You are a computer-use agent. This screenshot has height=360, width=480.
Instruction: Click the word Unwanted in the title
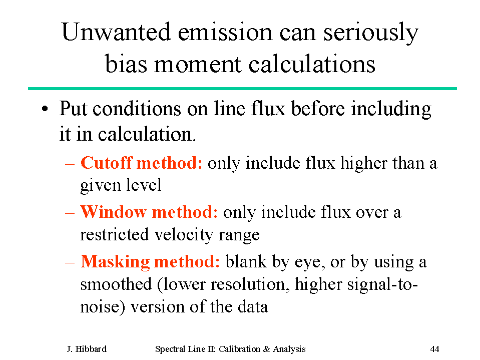point(116,32)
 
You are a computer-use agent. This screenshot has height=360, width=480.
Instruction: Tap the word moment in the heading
point(197,65)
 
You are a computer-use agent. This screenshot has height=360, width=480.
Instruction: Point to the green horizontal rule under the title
point(242,89)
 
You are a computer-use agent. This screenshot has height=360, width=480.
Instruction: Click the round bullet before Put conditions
point(45,109)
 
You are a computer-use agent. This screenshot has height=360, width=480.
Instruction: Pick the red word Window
point(113,212)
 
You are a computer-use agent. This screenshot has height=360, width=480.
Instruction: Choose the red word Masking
point(115,262)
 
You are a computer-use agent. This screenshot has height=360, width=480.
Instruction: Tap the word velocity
point(184,235)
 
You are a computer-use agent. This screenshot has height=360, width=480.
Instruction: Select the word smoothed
point(116,284)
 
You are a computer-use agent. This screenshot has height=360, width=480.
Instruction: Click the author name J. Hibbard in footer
point(87,349)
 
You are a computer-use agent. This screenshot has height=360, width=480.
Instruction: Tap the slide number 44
point(434,349)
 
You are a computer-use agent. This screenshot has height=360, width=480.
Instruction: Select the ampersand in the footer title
point(266,349)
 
